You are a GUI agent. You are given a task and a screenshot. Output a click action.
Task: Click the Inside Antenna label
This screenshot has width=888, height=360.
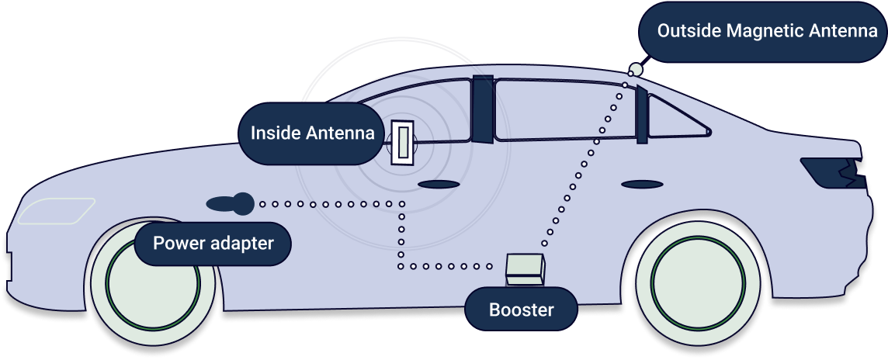[312, 133]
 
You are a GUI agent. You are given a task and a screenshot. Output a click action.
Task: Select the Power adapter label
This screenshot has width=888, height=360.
[213, 244]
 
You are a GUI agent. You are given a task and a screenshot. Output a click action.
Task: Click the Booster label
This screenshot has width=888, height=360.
[521, 310]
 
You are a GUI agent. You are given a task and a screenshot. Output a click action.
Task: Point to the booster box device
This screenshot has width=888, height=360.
[526, 268]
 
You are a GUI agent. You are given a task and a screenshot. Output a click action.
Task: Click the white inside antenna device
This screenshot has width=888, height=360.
[403, 143]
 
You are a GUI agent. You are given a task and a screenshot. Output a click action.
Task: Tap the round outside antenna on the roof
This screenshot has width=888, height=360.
[636, 70]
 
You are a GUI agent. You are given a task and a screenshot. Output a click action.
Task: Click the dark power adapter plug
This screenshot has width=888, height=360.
[231, 203]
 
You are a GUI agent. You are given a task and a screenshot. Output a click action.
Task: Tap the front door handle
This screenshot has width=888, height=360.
[438, 185]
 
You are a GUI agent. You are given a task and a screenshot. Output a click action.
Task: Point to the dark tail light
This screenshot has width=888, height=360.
[834, 173]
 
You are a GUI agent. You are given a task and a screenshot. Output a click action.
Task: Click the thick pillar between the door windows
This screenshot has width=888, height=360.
[483, 108]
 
